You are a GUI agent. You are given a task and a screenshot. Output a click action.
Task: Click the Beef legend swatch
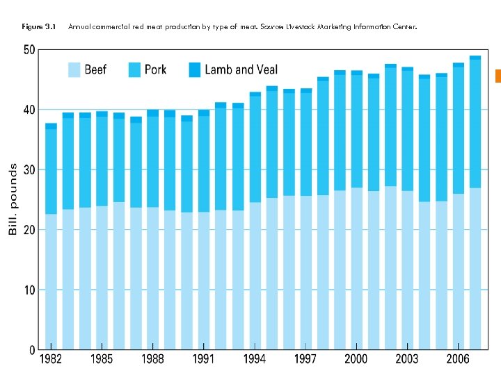[x=74, y=69]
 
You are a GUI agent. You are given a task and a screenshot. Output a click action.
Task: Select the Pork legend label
[x=156, y=69]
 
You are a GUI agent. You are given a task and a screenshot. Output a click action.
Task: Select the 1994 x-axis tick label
[x=255, y=360]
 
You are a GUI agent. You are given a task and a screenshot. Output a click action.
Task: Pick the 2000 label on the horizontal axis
[x=356, y=360]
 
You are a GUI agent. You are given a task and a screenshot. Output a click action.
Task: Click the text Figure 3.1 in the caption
[x=38, y=27]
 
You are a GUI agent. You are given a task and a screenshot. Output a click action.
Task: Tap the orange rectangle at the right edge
[x=498, y=76]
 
